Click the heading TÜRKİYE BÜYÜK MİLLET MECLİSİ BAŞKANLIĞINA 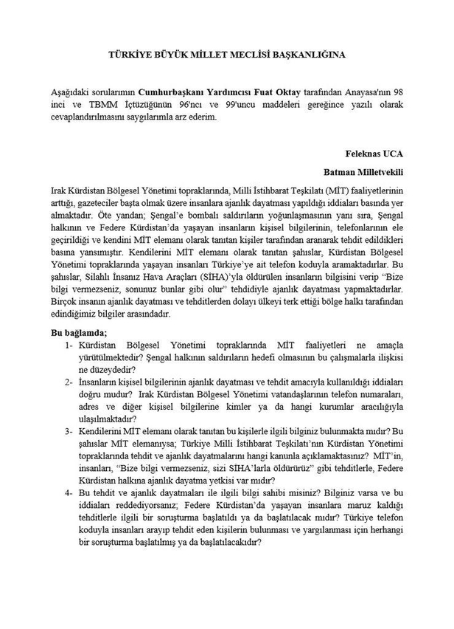[x=226, y=55]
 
